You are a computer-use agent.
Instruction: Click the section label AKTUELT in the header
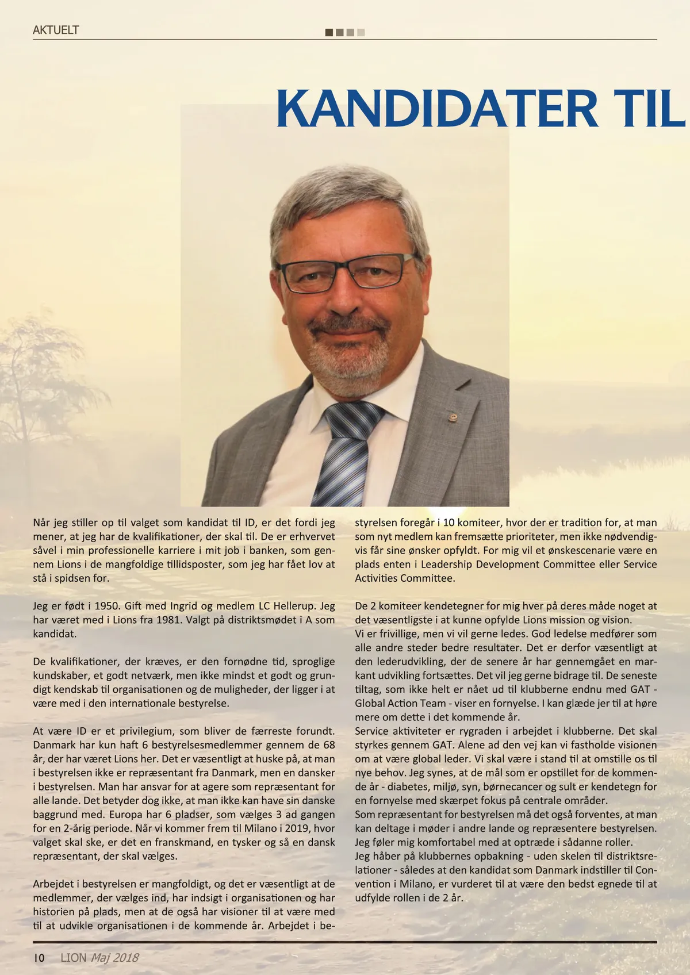(x=56, y=30)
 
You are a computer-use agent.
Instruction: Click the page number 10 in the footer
(x=39, y=958)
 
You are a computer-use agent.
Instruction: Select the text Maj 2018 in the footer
(x=114, y=958)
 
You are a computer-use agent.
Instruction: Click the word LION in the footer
(x=74, y=958)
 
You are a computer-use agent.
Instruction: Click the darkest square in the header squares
(x=329, y=32)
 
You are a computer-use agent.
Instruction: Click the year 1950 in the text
(x=102, y=606)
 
